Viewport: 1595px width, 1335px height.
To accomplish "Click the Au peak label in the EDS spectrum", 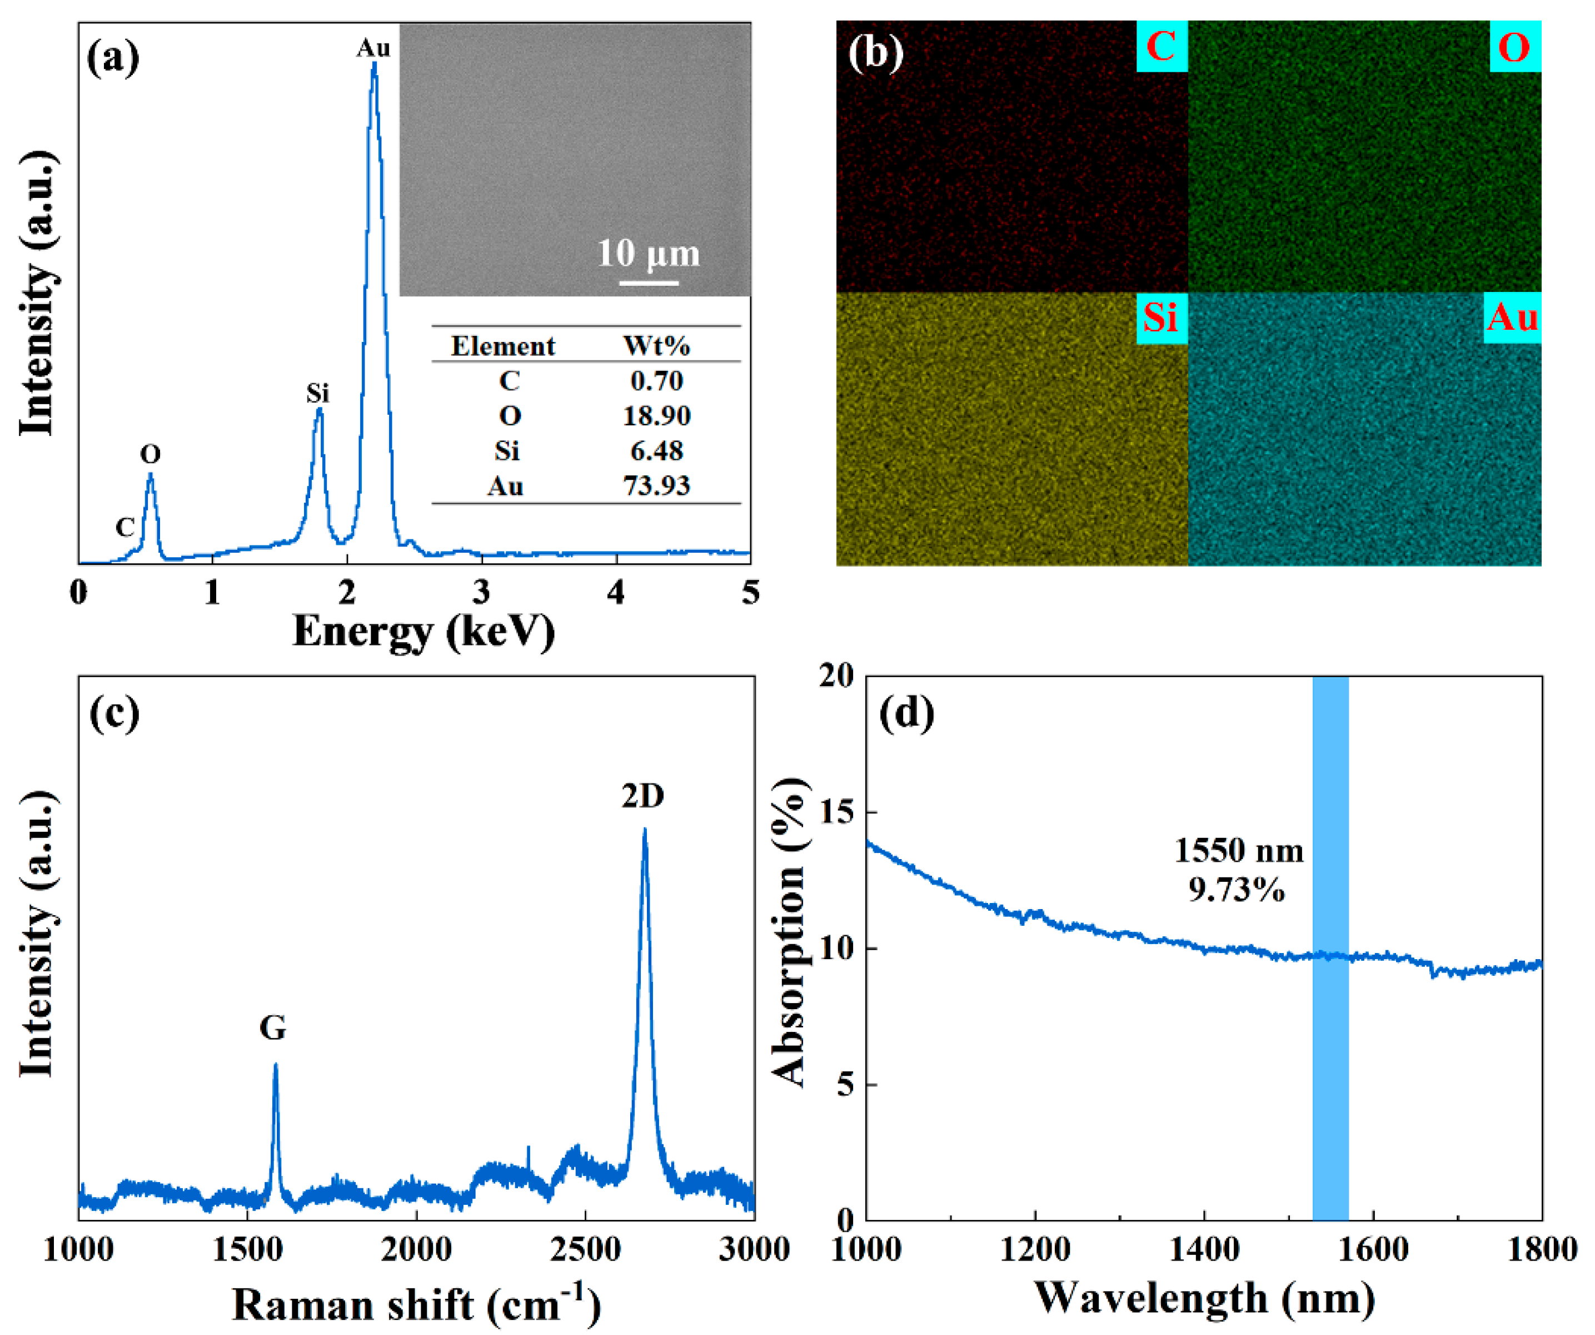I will [x=373, y=48].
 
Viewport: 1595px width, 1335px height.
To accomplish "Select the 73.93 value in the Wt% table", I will [x=656, y=485].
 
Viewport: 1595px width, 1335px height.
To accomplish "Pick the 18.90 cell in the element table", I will [x=656, y=415].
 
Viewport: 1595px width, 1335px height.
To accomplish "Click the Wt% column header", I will [x=656, y=346].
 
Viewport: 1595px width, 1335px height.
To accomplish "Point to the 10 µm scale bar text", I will [x=648, y=253].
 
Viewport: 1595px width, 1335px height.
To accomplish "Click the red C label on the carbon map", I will [x=1162, y=47].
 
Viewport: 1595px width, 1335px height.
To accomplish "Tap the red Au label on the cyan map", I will [x=1512, y=317].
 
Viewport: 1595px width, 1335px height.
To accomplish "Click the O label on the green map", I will [x=1514, y=47].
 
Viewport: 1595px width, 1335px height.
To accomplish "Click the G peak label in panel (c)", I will [x=273, y=1029].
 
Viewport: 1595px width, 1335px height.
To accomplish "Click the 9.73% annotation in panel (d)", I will [x=1237, y=889].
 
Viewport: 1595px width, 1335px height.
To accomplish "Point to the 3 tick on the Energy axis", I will [x=481, y=593].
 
